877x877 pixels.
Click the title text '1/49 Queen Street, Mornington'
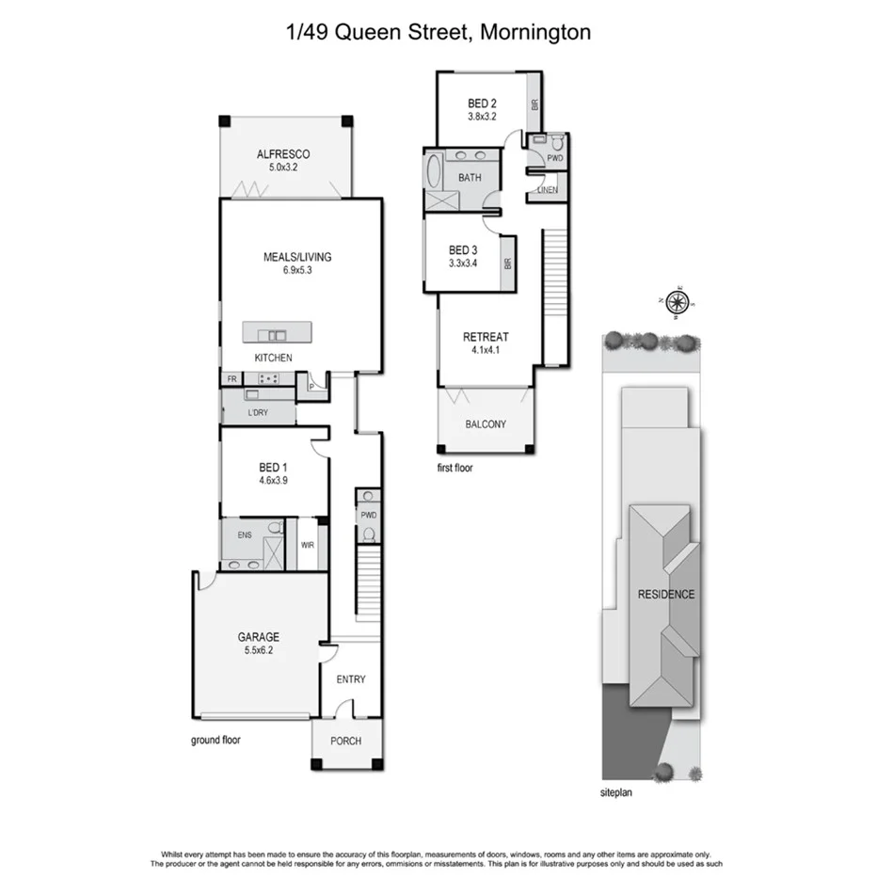point(438,33)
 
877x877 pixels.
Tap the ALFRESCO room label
point(283,155)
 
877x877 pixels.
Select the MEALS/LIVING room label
point(297,256)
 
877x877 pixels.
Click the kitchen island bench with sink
point(277,333)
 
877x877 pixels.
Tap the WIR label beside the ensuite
point(307,545)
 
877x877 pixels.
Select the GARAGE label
point(258,637)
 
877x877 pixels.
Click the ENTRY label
point(350,679)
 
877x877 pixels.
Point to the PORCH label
point(345,741)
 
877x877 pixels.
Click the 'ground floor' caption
point(215,740)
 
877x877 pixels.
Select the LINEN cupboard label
point(548,190)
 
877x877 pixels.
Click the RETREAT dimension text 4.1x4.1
point(486,350)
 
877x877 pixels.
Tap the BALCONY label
point(486,424)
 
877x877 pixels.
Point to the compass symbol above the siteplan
point(678,301)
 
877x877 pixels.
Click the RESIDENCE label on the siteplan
point(666,594)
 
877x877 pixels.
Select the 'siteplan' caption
point(620,792)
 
